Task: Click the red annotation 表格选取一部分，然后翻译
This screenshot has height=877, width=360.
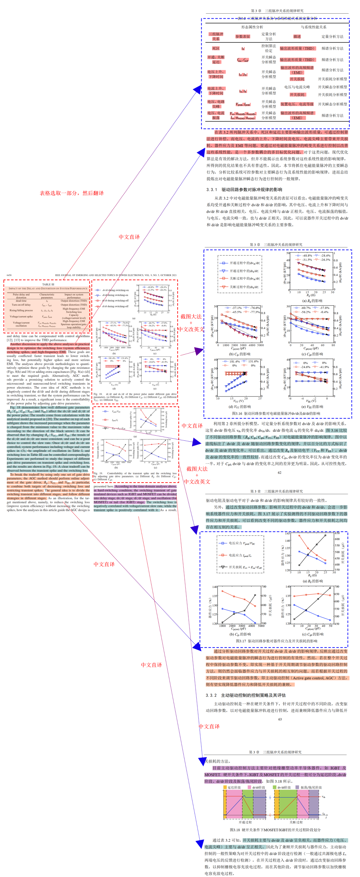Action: [71, 193]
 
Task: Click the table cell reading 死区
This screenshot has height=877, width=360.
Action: [216, 48]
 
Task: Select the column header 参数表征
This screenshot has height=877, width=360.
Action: [243, 36]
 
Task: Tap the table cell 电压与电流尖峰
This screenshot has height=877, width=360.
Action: [297, 87]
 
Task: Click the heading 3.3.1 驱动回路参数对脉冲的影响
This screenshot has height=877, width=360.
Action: [244, 190]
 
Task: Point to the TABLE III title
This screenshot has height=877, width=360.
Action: [48, 284]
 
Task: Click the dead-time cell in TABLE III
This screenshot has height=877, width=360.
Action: [21, 301]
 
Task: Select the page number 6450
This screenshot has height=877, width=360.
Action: [9, 275]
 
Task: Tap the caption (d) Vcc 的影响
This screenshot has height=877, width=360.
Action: [240, 406]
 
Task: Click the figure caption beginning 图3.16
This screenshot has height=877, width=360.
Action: [276, 413]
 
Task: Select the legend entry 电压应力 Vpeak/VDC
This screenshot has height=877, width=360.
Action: [242, 543]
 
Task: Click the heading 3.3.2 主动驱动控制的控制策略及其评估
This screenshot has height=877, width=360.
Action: [246, 695]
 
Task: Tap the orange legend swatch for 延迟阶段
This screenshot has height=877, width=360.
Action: [225, 787]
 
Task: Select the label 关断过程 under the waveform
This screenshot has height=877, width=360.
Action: [296, 822]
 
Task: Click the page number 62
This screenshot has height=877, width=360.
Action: [279, 473]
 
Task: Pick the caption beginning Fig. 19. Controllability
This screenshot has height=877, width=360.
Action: [135, 476]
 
